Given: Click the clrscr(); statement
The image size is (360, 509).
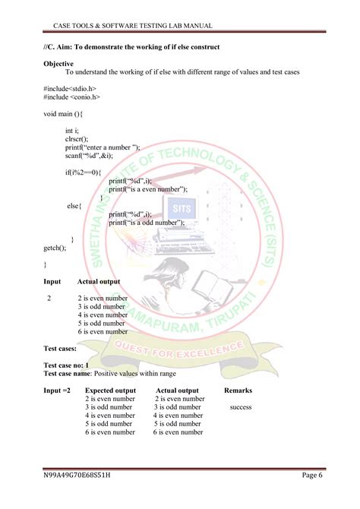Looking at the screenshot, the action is coord(77,139).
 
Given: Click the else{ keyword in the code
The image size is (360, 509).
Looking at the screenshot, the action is coord(74,206).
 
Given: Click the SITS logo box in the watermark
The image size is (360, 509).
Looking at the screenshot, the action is coord(180,207).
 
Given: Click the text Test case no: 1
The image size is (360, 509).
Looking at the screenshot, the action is coord(71,365).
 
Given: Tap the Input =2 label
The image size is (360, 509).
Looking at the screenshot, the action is coord(57,390).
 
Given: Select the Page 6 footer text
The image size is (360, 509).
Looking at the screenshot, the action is coord(312,476).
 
